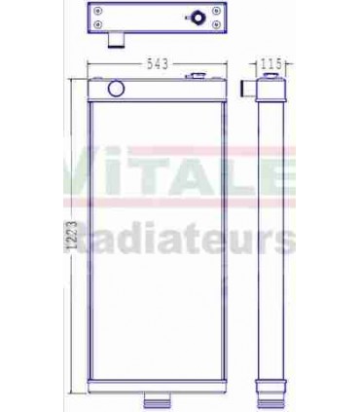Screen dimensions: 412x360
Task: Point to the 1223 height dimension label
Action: point(66,234)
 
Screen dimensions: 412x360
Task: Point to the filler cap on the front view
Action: point(200,75)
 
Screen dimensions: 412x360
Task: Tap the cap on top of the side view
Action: point(271,75)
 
